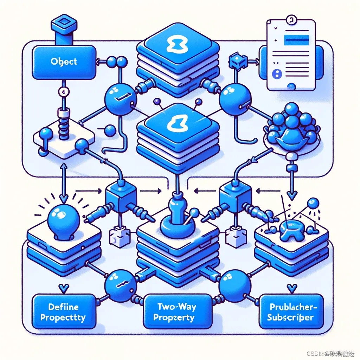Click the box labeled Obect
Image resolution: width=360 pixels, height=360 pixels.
64,62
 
